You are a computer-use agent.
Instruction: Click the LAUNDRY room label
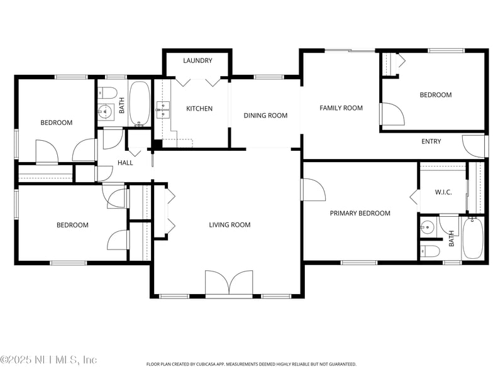click(x=197, y=60)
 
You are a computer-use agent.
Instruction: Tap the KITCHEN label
click(x=199, y=109)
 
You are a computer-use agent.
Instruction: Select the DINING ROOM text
click(x=265, y=116)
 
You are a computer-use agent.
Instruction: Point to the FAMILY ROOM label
click(x=341, y=108)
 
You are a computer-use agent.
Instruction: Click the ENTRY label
click(x=431, y=141)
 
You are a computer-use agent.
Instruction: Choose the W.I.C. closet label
click(x=443, y=192)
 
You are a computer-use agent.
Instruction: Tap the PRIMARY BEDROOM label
click(x=360, y=213)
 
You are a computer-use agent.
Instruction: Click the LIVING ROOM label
click(x=229, y=225)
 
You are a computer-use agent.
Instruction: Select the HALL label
click(x=125, y=163)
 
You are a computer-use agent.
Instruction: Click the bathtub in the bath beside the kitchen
click(x=139, y=103)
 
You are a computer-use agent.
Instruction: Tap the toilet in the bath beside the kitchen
click(x=107, y=92)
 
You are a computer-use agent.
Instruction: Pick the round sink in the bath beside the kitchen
click(x=105, y=112)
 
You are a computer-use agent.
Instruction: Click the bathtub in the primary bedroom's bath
click(x=473, y=238)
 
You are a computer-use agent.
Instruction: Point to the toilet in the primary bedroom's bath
click(x=430, y=252)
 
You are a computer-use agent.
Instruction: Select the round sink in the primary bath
click(x=427, y=227)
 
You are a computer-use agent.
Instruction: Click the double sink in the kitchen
click(x=163, y=109)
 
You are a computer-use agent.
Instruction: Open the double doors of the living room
click(x=229, y=283)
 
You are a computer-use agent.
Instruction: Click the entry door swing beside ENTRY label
click(x=473, y=146)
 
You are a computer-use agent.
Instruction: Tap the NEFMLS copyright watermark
click(x=48, y=359)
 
